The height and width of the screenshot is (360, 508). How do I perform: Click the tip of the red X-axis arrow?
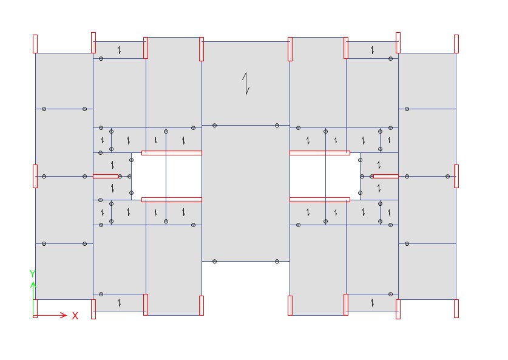[x=67, y=315]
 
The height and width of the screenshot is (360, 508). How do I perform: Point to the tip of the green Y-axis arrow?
[x=33, y=281]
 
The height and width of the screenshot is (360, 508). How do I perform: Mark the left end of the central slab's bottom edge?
[x=202, y=261]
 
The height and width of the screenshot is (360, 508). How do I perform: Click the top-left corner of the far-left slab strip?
[x=35, y=53]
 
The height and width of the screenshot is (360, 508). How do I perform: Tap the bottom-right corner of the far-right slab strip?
[x=456, y=299]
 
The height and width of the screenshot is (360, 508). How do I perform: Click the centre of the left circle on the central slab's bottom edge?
[x=214, y=261]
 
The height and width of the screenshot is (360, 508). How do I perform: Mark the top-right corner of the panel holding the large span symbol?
[x=290, y=41]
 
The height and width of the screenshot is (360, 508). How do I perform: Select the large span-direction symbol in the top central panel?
[x=246, y=83]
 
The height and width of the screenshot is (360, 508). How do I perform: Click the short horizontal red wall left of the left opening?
[x=106, y=176]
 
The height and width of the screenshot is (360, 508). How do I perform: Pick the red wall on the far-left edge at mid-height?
[x=35, y=176]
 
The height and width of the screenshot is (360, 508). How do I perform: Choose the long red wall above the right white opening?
[x=320, y=153]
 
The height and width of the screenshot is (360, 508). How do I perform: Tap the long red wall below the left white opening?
[x=172, y=200]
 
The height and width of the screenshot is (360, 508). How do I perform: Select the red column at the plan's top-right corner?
[x=456, y=44]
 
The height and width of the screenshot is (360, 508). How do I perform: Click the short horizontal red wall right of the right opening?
[x=386, y=176]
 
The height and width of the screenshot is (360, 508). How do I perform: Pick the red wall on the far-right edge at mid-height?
[x=456, y=176]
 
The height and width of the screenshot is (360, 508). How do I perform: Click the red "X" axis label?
[x=75, y=316]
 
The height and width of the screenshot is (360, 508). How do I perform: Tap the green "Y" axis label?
[x=32, y=274]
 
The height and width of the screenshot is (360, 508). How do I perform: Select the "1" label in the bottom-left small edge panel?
[x=119, y=303]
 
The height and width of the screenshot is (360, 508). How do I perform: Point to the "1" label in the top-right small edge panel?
[x=372, y=50]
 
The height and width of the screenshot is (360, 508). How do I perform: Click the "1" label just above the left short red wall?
[x=112, y=165]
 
